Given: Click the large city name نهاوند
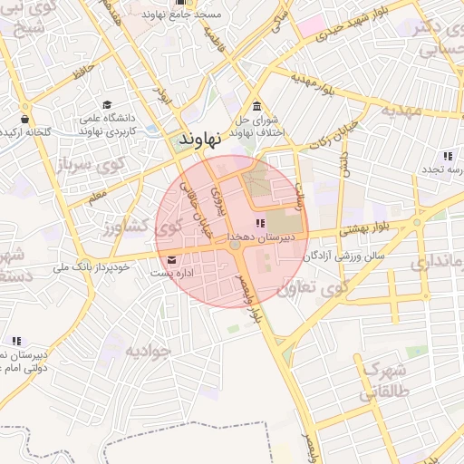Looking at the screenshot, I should (200, 140).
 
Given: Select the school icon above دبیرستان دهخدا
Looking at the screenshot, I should (261, 223).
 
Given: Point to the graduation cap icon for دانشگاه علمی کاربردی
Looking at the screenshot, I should (108, 105).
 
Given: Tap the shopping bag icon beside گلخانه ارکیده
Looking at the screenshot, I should (25, 119).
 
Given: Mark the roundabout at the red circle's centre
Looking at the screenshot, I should (234, 246).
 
